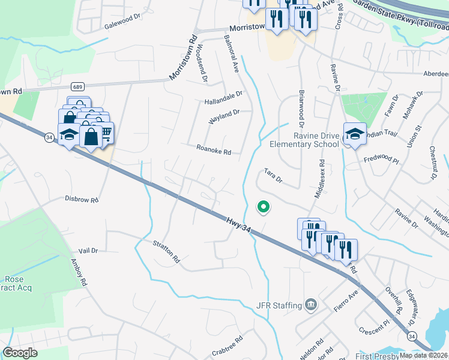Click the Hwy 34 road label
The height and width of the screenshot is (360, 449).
238,223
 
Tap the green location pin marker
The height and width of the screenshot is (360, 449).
263,207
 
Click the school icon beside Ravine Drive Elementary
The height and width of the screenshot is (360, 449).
354,135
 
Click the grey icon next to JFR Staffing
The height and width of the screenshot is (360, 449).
310,305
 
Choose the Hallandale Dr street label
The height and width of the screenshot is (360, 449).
223,95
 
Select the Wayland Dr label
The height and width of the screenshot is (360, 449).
224,116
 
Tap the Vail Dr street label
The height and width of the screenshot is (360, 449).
88,250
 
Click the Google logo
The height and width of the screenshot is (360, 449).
20,353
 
